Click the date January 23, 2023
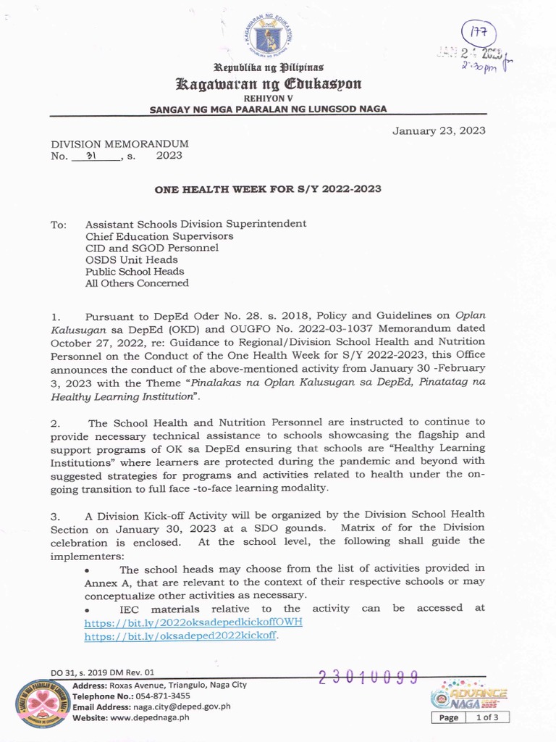[x=439, y=131]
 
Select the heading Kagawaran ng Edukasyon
[x=269, y=83]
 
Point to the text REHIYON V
[x=269, y=97]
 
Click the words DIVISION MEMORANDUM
[x=119, y=144]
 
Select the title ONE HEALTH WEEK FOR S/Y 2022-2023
[x=268, y=189]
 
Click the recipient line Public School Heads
[x=135, y=272]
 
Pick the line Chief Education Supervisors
[x=159, y=236]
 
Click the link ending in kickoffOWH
[x=193, y=622]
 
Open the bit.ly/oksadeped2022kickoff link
[x=181, y=635]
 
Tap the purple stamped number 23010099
[x=368, y=677]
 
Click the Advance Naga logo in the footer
[x=468, y=696]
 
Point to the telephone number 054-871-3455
[x=163, y=696]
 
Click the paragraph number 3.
[x=54, y=515]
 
